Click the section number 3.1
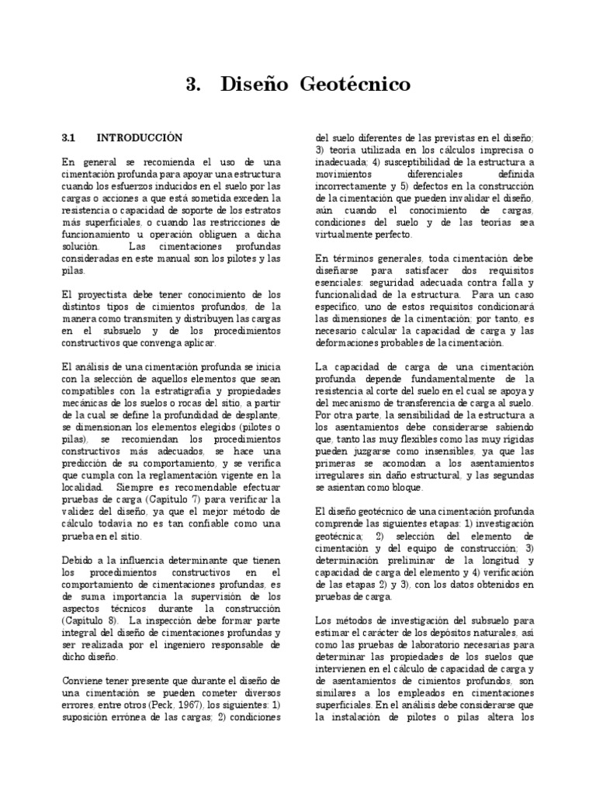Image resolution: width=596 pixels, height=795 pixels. (68, 138)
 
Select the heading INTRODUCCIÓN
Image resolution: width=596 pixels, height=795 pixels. (140, 138)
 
